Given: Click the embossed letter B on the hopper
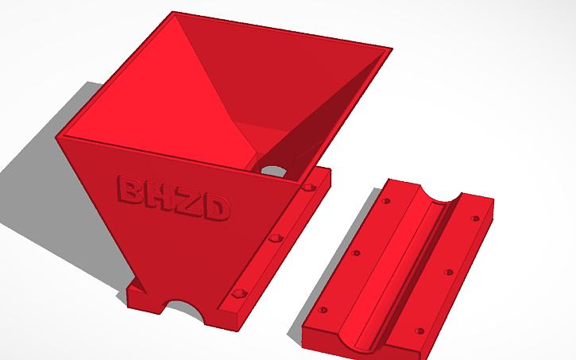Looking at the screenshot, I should point(130,190).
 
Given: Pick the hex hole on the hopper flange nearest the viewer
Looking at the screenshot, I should point(238,296).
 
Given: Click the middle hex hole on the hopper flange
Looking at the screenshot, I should point(276,238).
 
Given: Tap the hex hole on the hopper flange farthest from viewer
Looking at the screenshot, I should point(307,188).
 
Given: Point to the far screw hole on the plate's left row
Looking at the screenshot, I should point(387,201).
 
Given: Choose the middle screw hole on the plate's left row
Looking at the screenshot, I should point(355,254).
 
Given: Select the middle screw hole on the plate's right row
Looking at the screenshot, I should point(449,273).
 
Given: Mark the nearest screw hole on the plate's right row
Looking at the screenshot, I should point(419,330).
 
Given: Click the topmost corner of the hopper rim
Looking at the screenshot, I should point(173,13).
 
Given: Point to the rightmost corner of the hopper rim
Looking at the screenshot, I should point(392,50).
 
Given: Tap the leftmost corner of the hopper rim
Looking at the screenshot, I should point(56,136).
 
